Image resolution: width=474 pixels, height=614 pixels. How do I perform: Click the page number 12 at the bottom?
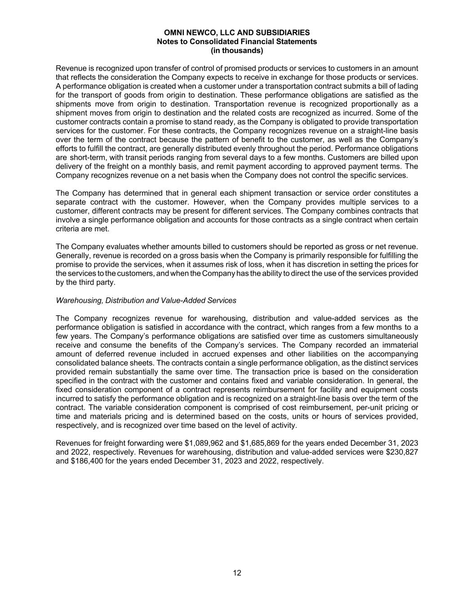237,573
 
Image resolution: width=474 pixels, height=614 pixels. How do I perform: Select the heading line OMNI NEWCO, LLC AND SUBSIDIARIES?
237,32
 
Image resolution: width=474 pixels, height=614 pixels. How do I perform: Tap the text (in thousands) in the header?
237,50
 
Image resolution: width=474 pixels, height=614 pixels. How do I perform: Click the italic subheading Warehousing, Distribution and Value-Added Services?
146,300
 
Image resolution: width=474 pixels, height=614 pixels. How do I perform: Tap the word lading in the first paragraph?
408,86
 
